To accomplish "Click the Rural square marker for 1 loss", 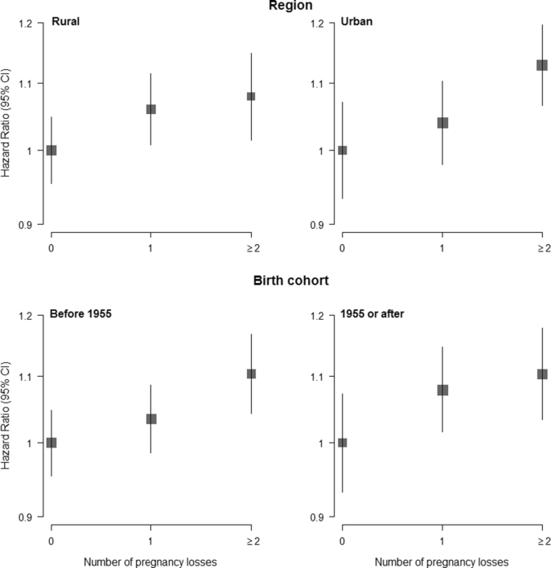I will tap(150, 109).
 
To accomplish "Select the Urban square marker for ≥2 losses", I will tap(542, 65).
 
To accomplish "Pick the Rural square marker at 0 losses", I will tap(51, 150).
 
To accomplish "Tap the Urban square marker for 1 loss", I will tap(442, 123).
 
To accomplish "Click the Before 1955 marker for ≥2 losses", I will tap(251, 374).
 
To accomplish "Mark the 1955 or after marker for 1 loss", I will tap(442, 390).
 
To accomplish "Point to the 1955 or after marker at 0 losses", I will tap(343, 443).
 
